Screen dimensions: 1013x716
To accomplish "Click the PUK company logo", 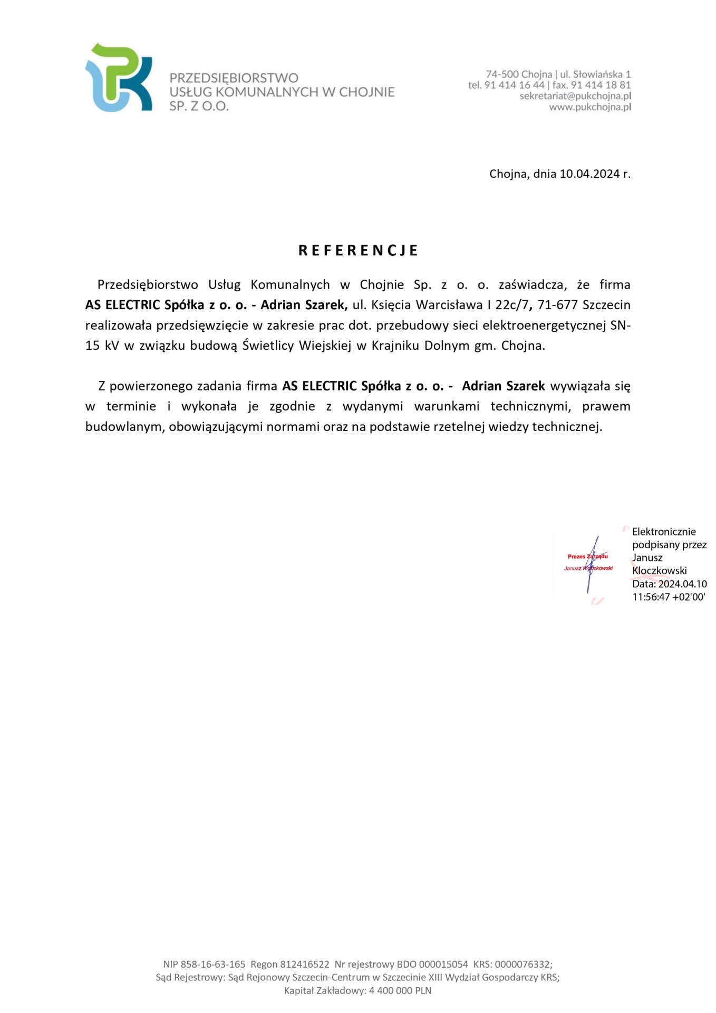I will tap(119, 78).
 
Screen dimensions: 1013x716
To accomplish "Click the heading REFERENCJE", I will tap(358, 250).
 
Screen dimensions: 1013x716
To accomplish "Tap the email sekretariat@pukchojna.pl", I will tap(575, 96).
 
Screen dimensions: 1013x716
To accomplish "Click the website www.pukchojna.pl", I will tap(590, 107).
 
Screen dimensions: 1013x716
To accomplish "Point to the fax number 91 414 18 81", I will tap(601, 85).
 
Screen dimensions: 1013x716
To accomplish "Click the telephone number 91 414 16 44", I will tap(514, 85).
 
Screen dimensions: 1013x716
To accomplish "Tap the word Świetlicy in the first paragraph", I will tap(268, 346).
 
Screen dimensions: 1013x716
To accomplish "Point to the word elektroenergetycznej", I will tap(544, 326).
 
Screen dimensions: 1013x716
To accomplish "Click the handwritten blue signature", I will tap(592, 563).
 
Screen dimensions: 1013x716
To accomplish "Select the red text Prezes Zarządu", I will tap(587, 556).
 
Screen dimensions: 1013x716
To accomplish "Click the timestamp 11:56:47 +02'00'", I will tap(669, 597).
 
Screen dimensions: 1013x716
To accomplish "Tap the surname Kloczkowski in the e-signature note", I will tap(659, 571).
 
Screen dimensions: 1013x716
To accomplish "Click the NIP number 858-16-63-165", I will tap(213, 964).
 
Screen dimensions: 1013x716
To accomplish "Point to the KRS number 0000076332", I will tap(523, 964).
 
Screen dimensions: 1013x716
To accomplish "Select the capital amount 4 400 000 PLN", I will tap(400, 991).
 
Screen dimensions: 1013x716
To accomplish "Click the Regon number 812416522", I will tap(304, 964).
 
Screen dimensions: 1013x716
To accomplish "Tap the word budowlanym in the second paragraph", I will tap(124, 427).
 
